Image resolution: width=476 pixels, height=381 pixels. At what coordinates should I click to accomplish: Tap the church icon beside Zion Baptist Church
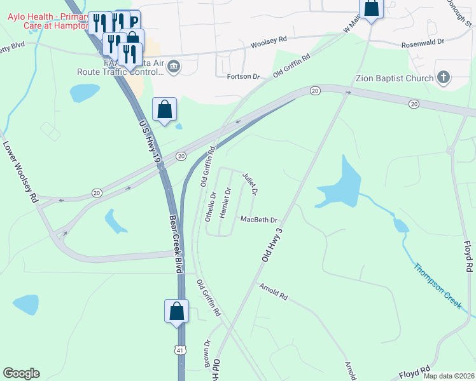[x=444, y=78]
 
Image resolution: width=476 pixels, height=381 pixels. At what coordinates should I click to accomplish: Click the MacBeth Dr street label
[x=259, y=220]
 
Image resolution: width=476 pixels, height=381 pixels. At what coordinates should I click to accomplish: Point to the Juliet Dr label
[x=250, y=183]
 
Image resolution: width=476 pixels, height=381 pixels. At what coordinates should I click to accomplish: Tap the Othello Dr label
[x=211, y=206]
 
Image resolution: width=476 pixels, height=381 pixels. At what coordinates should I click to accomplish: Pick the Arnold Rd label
[x=274, y=291]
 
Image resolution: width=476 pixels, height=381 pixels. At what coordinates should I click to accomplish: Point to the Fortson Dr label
[x=244, y=77]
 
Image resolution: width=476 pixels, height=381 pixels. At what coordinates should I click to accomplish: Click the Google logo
[x=21, y=373]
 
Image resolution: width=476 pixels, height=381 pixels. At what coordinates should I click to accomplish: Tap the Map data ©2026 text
[x=448, y=376]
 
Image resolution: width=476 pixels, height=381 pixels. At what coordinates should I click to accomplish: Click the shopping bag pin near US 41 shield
[x=177, y=312]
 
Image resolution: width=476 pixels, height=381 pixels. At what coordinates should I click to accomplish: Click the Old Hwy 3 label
[x=272, y=243]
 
